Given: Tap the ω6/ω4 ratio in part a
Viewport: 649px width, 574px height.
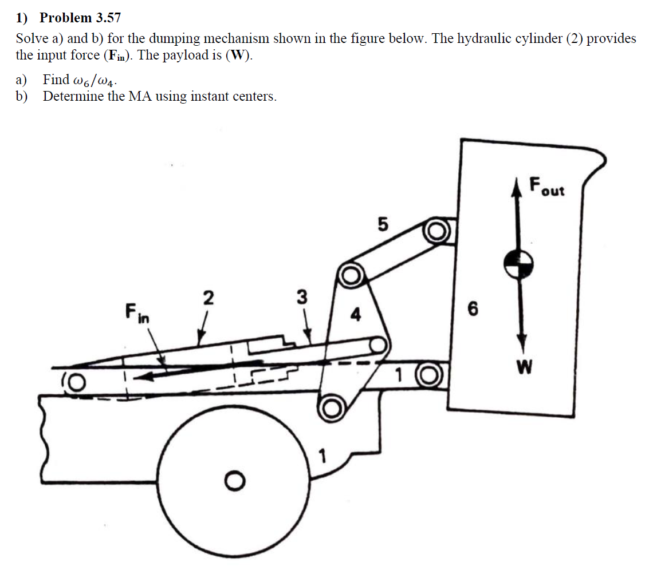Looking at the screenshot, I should tap(94, 80).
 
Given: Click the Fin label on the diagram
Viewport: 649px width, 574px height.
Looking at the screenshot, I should tap(136, 313).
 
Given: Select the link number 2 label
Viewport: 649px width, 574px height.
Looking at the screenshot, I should tap(209, 298).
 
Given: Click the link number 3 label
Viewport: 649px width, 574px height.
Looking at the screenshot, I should tap(302, 298).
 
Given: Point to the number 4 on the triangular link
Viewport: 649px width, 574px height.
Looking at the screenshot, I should tap(356, 314).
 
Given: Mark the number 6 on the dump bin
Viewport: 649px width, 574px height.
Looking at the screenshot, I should tap(471, 310).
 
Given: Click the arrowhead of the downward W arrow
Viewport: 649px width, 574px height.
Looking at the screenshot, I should tap(521, 346).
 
